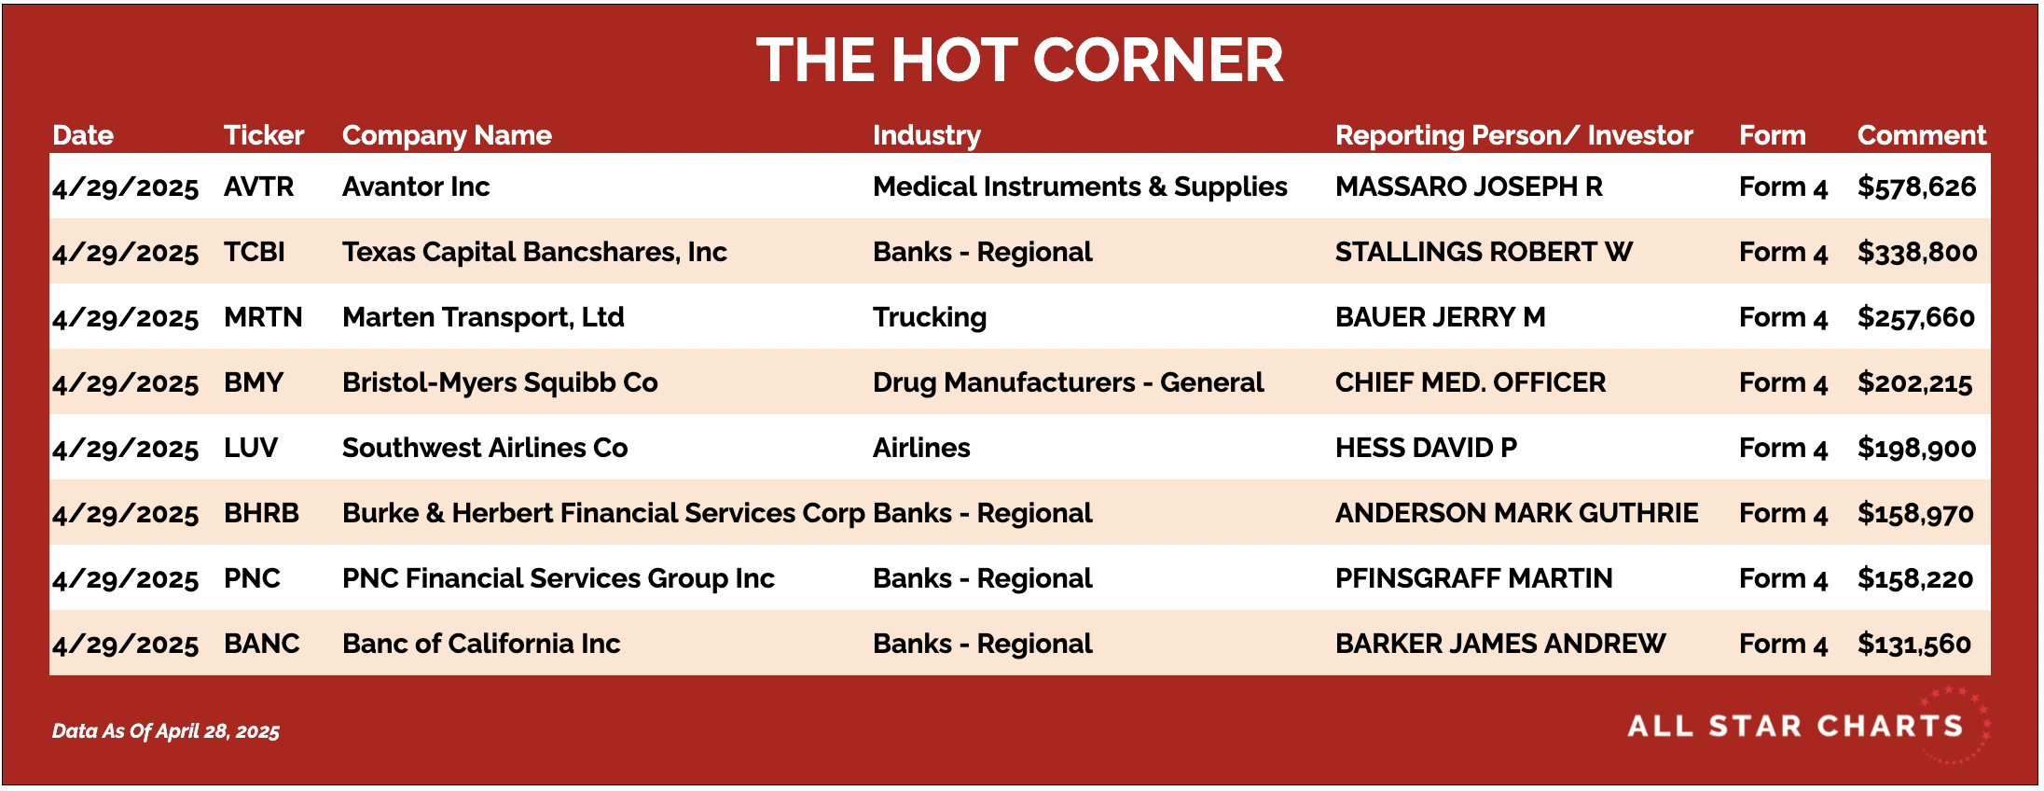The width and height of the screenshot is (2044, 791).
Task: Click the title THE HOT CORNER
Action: [1020, 61]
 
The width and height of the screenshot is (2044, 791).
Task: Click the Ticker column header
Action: [264, 135]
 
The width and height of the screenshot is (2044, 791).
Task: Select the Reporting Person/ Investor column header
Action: [1513, 135]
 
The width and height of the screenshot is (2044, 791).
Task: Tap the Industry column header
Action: [926, 136]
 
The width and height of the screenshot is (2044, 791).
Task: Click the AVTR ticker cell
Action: [258, 187]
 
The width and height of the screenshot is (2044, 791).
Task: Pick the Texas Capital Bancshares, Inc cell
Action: [534, 252]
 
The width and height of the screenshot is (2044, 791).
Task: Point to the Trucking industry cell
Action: [929, 318]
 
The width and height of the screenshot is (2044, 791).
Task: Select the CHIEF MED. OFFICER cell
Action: [1471, 382]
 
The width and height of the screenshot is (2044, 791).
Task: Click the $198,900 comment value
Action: [1916, 448]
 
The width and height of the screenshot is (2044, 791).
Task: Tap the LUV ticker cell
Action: [251, 448]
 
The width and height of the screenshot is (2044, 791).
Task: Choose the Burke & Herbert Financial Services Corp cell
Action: [603, 513]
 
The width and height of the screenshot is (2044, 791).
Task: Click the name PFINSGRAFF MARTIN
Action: [1473, 578]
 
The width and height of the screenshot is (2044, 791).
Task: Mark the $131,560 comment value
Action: [1914, 644]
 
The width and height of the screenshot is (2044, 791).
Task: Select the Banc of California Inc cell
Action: [481, 644]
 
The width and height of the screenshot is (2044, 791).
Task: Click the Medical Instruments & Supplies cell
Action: [1080, 187]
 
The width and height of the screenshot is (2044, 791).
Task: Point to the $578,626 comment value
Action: [1916, 187]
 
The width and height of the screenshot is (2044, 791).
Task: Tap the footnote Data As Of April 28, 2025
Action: [166, 731]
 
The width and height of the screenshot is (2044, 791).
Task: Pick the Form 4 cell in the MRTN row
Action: [1783, 318]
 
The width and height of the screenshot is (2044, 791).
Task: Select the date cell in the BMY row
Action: [125, 383]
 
